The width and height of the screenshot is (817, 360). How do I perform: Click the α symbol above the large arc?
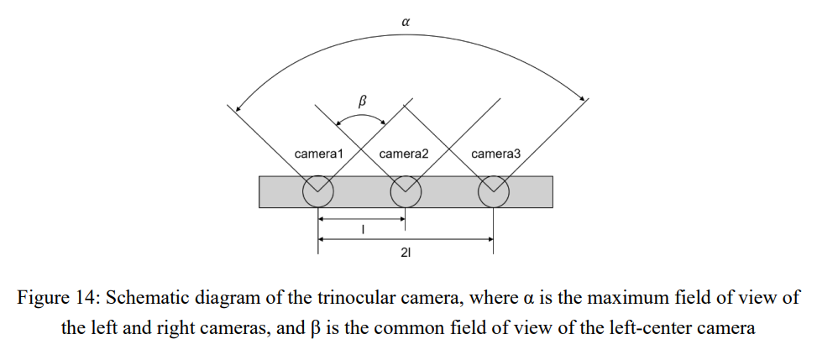click(x=406, y=23)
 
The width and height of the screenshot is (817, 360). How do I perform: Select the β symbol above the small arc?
click(x=363, y=101)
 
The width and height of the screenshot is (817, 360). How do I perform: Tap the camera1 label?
click(x=320, y=154)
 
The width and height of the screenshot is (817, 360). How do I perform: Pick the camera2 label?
click(x=404, y=154)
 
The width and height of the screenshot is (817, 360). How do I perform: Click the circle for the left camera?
click(x=318, y=192)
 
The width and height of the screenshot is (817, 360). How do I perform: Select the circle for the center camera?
click(x=406, y=192)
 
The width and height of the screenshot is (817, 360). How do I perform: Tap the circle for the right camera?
click(x=493, y=192)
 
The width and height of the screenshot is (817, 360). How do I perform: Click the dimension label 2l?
click(x=406, y=253)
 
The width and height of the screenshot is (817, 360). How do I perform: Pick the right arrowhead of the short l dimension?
click(x=402, y=221)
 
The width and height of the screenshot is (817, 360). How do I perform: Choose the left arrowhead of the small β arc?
click(x=339, y=126)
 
